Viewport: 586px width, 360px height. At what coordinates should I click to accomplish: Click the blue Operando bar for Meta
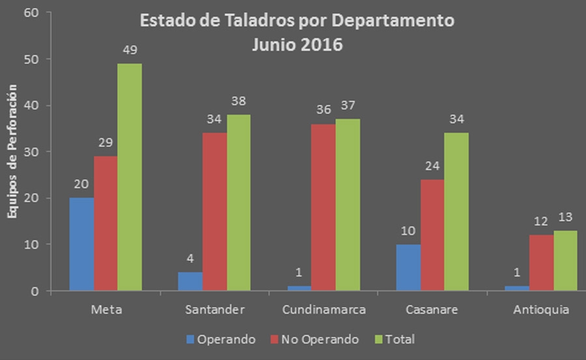pyautogui.click(x=82, y=244)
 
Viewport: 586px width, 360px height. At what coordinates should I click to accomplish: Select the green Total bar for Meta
pyautogui.click(x=130, y=177)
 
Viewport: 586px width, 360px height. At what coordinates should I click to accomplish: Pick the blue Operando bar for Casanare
pyautogui.click(x=408, y=268)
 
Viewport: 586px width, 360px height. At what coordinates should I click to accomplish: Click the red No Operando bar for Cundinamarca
pyautogui.click(x=324, y=207)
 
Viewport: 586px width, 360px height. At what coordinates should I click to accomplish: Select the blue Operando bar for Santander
pyautogui.click(x=191, y=281)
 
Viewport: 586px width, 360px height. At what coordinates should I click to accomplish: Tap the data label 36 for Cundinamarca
pyautogui.click(x=324, y=111)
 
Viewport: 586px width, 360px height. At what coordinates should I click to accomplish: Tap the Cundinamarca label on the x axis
pyautogui.click(x=324, y=310)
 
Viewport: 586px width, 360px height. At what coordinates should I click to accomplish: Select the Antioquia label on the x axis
pyautogui.click(x=541, y=310)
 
